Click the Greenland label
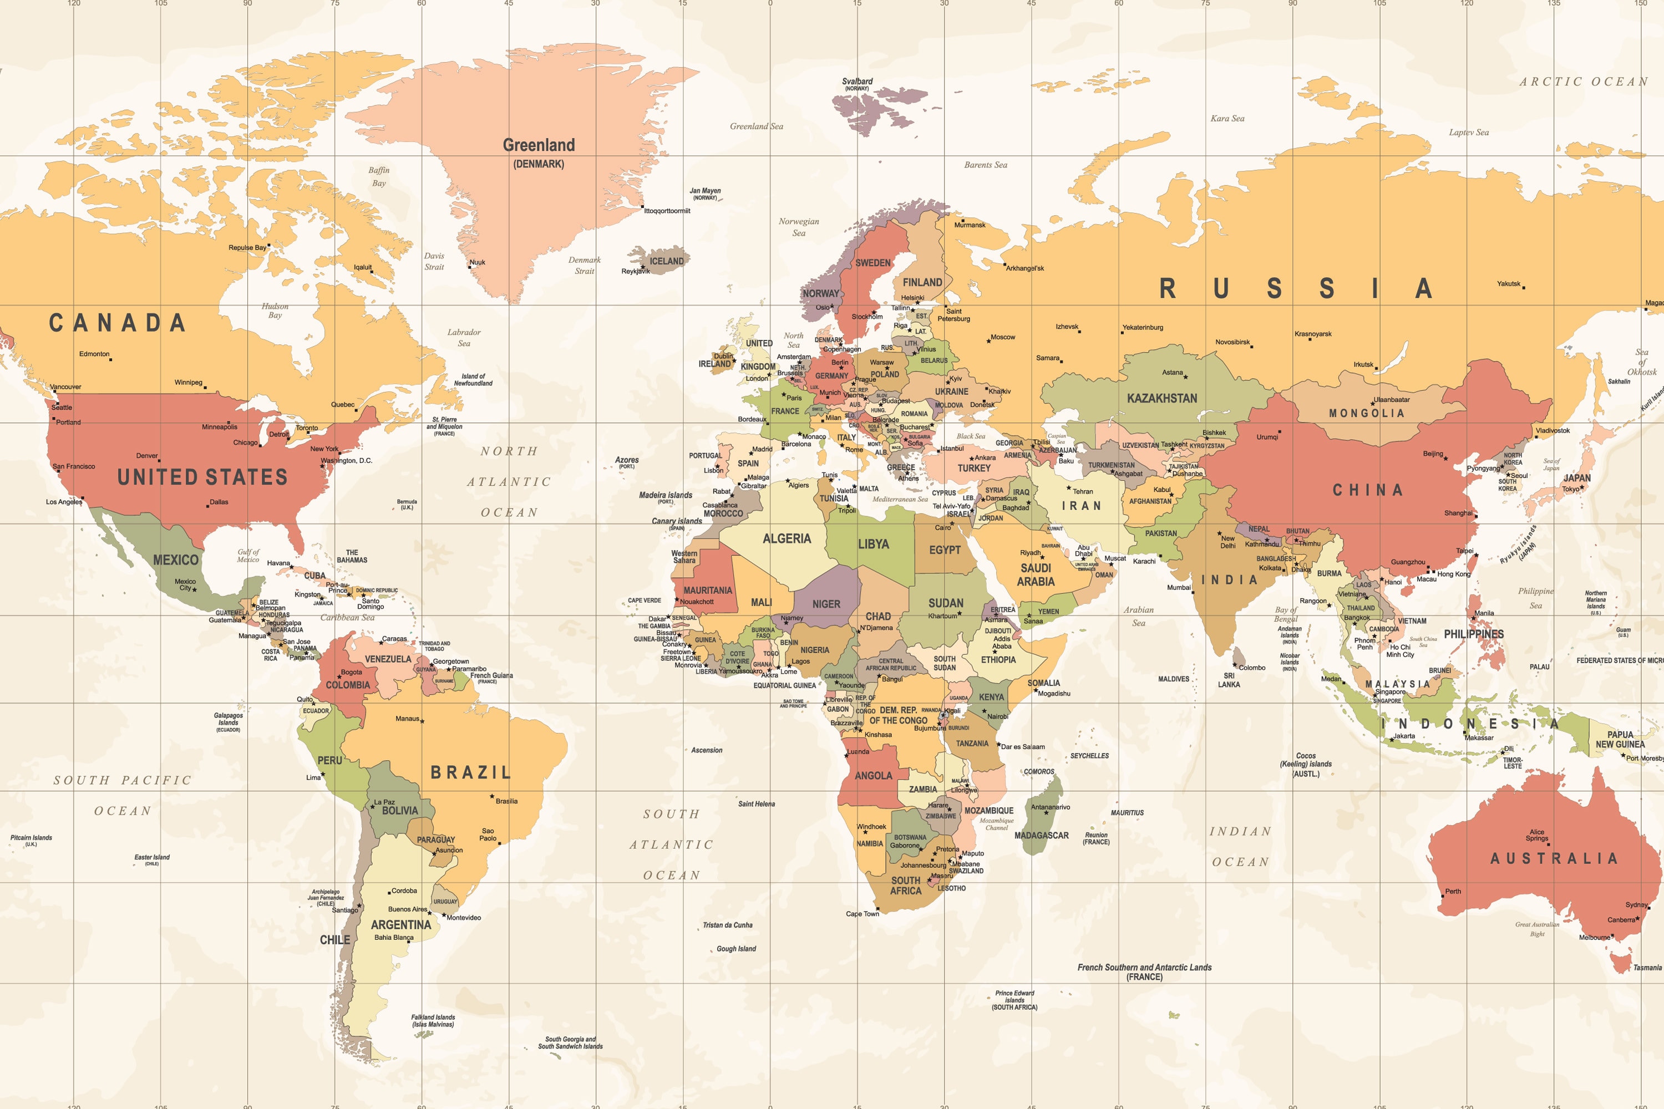point(539,145)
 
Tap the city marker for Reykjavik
point(642,267)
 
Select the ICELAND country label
point(667,261)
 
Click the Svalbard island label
point(857,82)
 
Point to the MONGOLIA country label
point(1366,413)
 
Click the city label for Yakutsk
point(1508,283)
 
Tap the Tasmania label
point(1647,968)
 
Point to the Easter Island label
point(152,857)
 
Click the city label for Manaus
point(407,719)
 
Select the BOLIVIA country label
point(400,811)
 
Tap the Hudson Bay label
point(275,311)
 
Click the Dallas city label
point(219,502)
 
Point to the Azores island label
point(627,460)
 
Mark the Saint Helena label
point(757,803)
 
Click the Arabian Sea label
point(1138,616)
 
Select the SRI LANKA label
point(1229,680)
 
